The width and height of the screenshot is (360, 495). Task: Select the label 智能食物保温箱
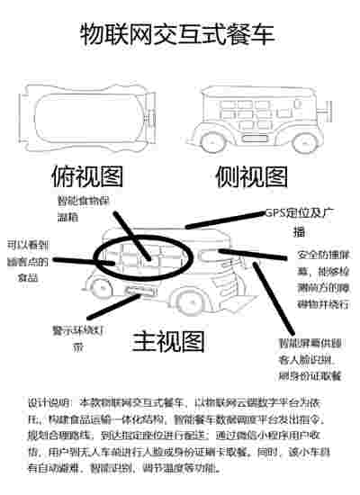[84, 209]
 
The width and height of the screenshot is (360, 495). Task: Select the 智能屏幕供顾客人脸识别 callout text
[311, 359]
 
